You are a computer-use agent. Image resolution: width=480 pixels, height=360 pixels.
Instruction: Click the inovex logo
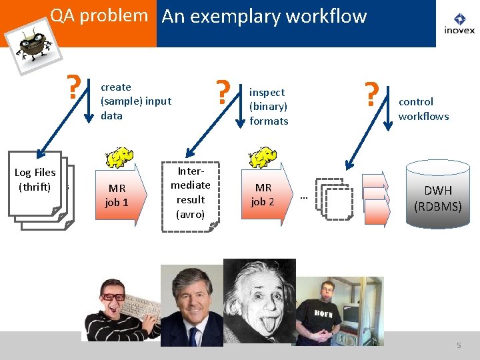tap(460, 24)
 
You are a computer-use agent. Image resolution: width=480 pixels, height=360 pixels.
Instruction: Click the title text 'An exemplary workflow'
tap(264, 16)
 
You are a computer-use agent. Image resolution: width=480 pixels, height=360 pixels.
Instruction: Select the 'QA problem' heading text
tap(99, 15)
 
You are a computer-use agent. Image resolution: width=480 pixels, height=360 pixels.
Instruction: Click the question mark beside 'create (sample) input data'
tap(74, 87)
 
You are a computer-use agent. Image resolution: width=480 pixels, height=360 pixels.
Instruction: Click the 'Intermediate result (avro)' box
tap(191, 193)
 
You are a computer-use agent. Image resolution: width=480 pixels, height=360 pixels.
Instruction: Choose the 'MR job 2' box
tap(265, 193)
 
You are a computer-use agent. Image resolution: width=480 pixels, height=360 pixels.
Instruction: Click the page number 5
tap(458, 345)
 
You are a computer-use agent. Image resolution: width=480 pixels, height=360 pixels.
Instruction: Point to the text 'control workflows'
tap(423, 109)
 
